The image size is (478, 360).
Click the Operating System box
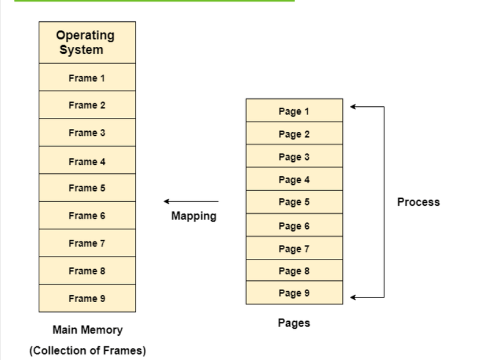[x=87, y=42]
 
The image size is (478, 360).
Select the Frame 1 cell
[x=87, y=77]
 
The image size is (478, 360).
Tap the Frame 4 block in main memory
[x=87, y=161]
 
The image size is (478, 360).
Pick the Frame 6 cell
[x=87, y=216]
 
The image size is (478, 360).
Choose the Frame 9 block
[x=87, y=298]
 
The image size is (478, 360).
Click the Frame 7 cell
[x=87, y=243]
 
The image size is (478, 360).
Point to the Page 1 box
[x=294, y=111]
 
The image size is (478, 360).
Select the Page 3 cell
[x=294, y=157]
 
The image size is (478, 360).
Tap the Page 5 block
[x=294, y=202]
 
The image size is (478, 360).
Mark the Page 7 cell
[x=294, y=248]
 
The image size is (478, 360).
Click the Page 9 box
[x=294, y=293]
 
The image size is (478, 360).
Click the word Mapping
[x=193, y=216]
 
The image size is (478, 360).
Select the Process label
[x=418, y=202]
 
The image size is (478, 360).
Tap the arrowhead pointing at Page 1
[x=353, y=107]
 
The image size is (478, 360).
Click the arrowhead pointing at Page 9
[x=353, y=298]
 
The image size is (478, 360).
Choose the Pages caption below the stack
[x=294, y=323]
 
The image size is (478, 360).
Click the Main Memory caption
[x=87, y=330]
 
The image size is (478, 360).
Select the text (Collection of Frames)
[x=87, y=350]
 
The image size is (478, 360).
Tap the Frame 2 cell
[x=87, y=105]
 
